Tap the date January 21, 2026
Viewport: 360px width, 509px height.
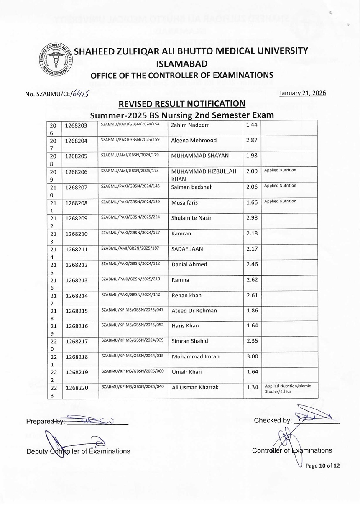tap(302, 93)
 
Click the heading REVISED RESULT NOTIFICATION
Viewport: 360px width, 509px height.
tap(182, 104)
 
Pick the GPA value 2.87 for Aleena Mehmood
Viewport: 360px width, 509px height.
tap(251, 141)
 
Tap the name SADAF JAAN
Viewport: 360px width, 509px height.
tap(187, 249)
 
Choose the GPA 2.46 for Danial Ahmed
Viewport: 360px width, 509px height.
tap(252, 264)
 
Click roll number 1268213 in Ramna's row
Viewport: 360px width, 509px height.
tap(76, 280)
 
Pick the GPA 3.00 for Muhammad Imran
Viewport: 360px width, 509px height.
tap(252, 356)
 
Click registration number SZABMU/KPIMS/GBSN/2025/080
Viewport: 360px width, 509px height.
tap(132, 371)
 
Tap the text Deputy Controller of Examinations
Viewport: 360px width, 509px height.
tap(78, 451)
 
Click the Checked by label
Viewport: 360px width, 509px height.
tap(273, 420)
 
